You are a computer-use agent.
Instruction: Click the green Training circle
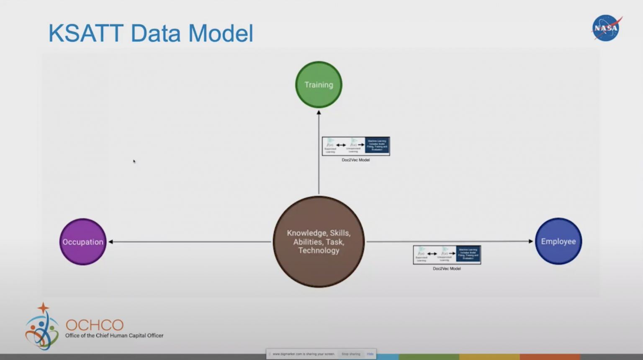click(x=319, y=85)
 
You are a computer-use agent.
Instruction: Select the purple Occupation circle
click(x=83, y=242)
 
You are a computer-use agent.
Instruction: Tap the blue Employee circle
click(x=558, y=241)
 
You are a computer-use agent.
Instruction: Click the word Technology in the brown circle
click(x=319, y=250)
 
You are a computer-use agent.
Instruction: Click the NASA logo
click(x=606, y=28)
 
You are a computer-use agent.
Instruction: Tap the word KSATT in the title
click(x=86, y=33)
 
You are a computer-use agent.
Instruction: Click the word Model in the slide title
click(x=221, y=33)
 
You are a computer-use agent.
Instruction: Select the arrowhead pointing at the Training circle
click(x=319, y=112)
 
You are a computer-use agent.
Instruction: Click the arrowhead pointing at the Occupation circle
click(x=111, y=242)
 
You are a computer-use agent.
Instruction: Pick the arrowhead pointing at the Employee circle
click(x=531, y=241)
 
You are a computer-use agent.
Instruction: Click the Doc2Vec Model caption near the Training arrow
click(x=355, y=160)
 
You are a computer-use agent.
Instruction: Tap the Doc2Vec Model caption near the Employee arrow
click(x=447, y=269)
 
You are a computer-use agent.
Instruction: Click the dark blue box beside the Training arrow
click(x=377, y=146)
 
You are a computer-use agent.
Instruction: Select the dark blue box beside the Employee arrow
click(x=468, y=255)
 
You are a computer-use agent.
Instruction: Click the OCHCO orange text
click(x=95, y=325)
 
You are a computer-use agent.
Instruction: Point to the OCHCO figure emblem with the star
click(x=42, y=327)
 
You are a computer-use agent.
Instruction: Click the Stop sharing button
click(x=351, y=354)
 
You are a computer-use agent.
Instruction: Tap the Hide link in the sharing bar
click(x=370, y=354)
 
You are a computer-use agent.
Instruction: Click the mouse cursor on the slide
click(x=134, y=161)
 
